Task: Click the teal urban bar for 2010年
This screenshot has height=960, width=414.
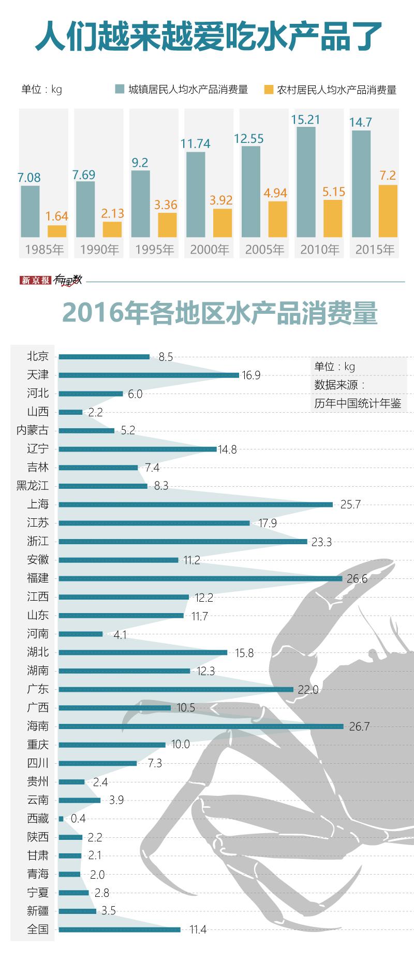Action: point(306,182)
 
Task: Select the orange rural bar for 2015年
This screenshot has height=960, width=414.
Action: point(388,211)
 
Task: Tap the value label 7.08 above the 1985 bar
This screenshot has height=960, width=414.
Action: point(29,178)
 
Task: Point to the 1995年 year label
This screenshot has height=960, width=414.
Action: point(155,250)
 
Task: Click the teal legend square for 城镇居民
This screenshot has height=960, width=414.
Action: point(120,89)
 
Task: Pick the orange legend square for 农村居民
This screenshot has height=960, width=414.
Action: point(268,89)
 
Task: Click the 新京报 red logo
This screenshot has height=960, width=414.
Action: point(36,280)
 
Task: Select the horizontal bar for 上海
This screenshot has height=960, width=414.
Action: point(196,504)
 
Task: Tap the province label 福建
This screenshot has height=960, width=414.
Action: point(38,578)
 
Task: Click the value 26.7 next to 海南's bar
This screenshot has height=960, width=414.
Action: point(359,726)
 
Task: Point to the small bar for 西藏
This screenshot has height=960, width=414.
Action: point(61,819)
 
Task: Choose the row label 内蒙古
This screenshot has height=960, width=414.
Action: point(33,430)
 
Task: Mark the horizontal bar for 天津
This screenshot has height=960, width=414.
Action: point(149,375)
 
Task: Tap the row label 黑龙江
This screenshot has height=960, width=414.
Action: point(33,486)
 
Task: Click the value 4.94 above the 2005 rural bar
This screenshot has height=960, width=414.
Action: point(275,193)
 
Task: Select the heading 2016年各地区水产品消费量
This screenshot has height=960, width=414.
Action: point(220,313)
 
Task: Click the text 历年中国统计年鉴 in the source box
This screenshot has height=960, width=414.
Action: point(358,403)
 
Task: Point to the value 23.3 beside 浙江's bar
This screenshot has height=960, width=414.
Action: point(321,542)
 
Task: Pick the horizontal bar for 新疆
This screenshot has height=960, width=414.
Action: point(78,911)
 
